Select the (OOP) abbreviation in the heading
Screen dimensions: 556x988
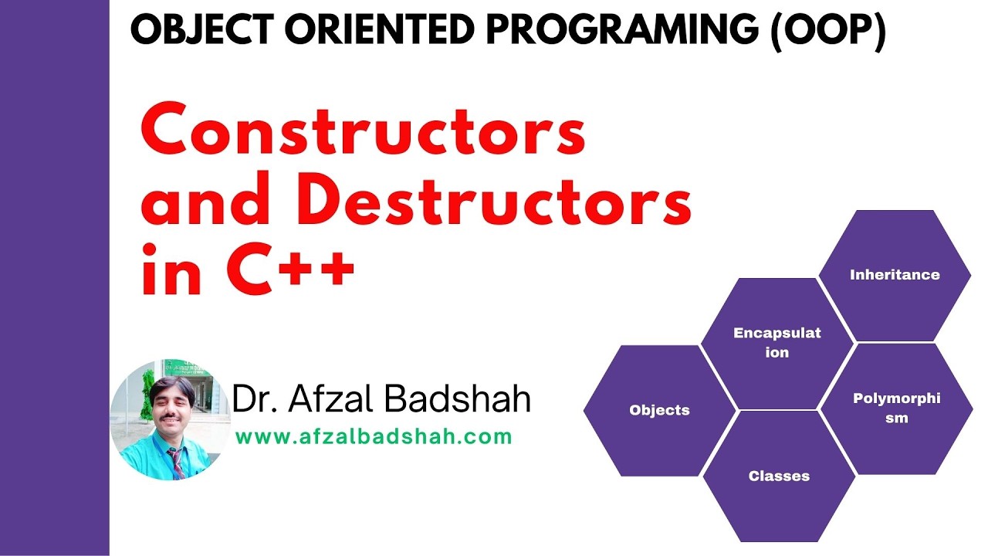point(829,32)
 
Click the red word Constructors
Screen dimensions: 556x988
point(363,132)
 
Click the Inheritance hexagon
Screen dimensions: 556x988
point(895,275)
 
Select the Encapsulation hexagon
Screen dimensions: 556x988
point(777,343)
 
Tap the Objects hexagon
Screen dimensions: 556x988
point(659,410)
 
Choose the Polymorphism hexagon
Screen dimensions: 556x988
point(896,409)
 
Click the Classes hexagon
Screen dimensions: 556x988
point(779,476)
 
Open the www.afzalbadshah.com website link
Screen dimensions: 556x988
point(374,437)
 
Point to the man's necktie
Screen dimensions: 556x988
point(177,462)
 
